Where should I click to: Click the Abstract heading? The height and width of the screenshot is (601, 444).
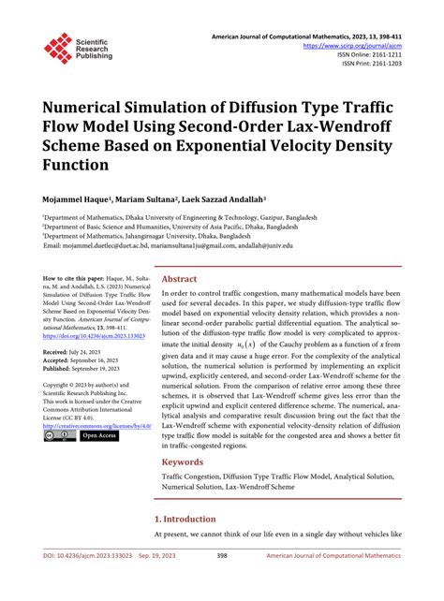click(x=179, y=279)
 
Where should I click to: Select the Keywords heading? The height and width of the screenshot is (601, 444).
click(x=184, y=489)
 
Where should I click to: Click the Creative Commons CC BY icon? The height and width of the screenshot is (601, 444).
click(x=58, y=462)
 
